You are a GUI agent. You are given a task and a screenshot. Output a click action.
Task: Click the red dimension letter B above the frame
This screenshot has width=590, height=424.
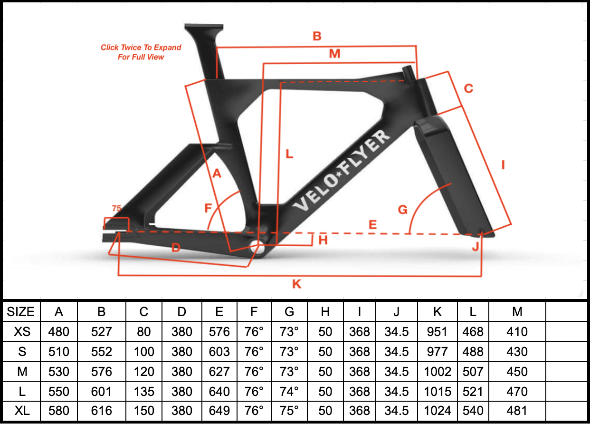317,36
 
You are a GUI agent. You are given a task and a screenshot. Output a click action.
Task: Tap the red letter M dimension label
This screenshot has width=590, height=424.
334,54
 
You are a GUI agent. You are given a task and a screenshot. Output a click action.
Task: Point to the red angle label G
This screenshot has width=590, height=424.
402,209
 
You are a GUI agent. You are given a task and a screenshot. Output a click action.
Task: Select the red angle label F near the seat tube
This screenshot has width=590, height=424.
208,208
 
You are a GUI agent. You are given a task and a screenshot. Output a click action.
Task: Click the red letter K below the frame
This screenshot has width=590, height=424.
296,284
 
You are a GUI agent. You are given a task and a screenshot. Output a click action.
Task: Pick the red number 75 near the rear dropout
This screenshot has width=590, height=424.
116,209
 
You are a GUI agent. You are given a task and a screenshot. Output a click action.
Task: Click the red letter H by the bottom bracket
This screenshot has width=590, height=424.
323,240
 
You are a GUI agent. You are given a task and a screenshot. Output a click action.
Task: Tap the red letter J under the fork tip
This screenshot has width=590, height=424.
476,247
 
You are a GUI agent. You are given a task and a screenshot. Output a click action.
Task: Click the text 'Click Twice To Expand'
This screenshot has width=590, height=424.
141,48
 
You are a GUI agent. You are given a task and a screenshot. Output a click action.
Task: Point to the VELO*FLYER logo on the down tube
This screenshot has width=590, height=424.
342,171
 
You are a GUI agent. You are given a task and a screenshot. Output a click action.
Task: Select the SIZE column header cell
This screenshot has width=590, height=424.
21,312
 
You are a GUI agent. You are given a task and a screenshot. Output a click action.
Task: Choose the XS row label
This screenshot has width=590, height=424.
21,332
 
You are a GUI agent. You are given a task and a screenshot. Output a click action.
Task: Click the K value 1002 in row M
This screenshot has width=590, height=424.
437,372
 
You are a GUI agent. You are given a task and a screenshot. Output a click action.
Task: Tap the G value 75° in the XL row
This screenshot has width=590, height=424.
289,411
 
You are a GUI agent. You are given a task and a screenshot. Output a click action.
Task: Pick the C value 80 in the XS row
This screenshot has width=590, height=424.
144,332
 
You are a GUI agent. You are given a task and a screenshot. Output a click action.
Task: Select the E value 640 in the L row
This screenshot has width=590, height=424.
219,392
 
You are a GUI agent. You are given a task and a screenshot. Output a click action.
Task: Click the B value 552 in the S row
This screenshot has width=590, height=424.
101,352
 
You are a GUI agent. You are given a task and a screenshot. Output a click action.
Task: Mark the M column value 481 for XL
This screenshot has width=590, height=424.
517,411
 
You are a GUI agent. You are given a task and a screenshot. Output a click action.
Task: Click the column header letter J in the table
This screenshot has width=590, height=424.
396,312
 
